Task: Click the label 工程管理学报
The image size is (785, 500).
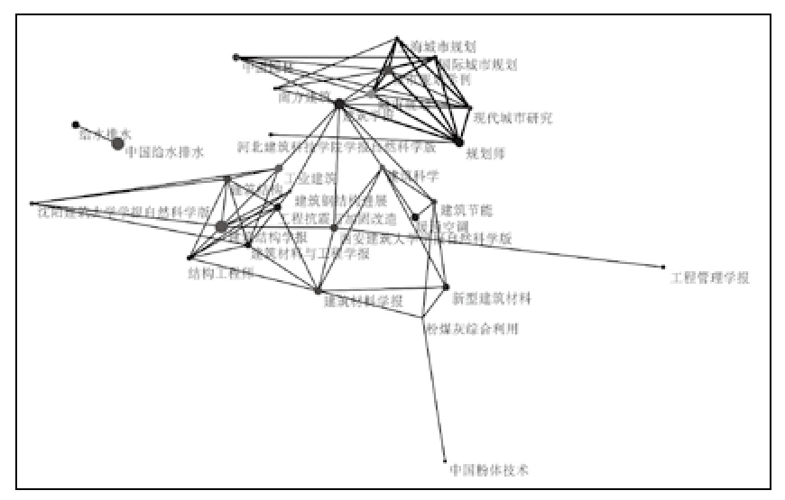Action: pos(710,277)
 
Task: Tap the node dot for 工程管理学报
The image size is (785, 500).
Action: pos(663,267)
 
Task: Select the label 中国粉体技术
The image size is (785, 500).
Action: pos(488,470)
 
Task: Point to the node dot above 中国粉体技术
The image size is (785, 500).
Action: pos(445,461)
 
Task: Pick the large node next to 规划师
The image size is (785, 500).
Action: pos(459,141)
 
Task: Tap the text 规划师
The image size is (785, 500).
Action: pos(485,153)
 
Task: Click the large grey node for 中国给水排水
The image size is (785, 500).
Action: pos(117,143)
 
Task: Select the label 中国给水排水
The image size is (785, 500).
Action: pos(165,152)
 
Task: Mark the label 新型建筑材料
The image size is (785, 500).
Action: pos(492,298)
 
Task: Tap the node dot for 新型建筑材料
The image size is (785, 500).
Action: pos(446,287)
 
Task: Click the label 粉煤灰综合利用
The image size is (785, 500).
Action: pos(471,329)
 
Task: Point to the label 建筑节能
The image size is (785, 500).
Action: pos(466,210)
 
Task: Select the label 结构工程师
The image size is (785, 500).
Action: pos(220,272)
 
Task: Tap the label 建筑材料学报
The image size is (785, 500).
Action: pos(364,300)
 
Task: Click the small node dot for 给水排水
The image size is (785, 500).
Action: pos(76,125)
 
